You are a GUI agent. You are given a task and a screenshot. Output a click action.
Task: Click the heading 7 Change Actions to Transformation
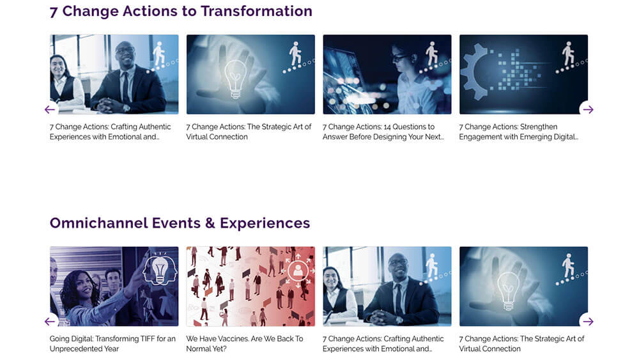(181, 11)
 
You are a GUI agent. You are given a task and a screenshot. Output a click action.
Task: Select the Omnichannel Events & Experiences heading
(180, 223)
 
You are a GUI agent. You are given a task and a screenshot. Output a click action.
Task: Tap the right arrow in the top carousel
(588, 109)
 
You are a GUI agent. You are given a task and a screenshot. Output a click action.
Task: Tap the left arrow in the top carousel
(50, 109)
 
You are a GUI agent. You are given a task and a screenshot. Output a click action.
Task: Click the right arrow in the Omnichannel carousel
(588, 321)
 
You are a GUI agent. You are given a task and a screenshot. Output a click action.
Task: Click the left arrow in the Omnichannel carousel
(50, 321)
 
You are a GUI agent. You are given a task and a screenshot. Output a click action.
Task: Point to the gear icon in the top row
(474, 72)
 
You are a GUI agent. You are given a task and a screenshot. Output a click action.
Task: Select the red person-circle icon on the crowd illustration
(298, 270)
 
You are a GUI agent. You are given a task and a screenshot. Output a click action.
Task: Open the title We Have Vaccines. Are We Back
(245, 343)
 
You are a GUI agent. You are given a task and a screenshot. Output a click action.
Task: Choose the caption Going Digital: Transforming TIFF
(112, 343)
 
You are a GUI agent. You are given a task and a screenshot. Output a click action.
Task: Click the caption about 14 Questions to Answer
(383, 132)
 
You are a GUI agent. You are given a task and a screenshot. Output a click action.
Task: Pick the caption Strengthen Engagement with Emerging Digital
(518, 132)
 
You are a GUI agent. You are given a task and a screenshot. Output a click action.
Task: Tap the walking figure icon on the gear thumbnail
(567, 54)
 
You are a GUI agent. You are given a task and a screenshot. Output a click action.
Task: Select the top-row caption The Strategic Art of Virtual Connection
(249, 132)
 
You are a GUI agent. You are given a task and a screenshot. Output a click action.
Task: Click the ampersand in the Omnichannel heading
(210, 223)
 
